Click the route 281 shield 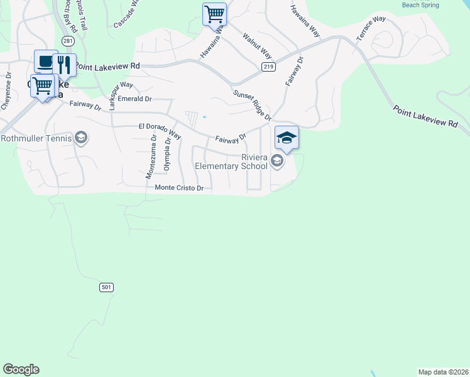pos(68,41)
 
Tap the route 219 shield pos(269,67)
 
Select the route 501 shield pos(106,287)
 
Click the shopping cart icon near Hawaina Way pos(214,13)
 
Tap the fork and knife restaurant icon pos(63,64)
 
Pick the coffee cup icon pos(46,62)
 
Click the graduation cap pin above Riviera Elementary pos(287,138)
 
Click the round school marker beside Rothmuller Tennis pos(80,138)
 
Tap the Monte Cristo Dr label pos(180,188)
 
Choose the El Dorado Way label pos(160,131)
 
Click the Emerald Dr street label pos(135,99)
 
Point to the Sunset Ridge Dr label pos(252,106)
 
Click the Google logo pos(21,369)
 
